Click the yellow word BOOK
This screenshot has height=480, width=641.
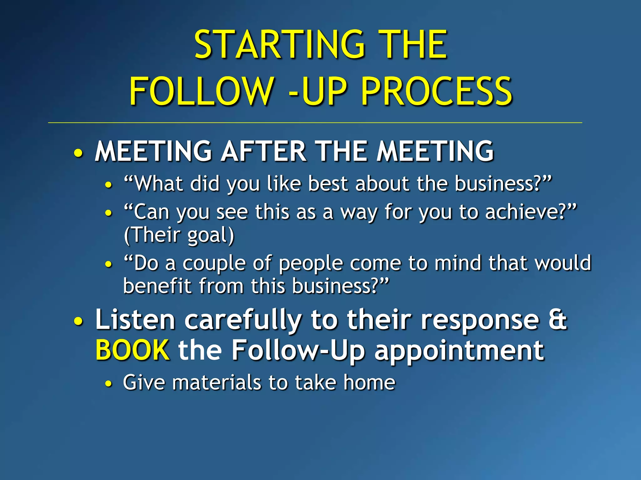pyautogui.click(x=133, y=350)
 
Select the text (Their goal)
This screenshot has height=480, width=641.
pyautogui.click(x=179, y=235)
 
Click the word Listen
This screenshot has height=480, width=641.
pyautogui.click(x=135, y=320)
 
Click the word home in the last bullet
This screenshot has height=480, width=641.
pyautogui.click(x=369, y=382)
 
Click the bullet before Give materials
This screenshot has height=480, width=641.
pyautogui.click(x=108, y=384)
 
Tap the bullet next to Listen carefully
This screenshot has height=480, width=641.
pyautogui.click(x=79, y=322)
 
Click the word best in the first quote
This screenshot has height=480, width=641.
pyautogui.click(x=328, y=183)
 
